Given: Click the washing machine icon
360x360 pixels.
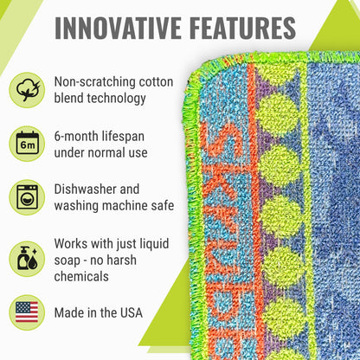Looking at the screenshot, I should click(27, 196).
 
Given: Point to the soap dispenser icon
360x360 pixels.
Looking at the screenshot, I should click(27, 258).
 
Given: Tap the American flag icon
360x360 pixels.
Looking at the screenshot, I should click(27, 312).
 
